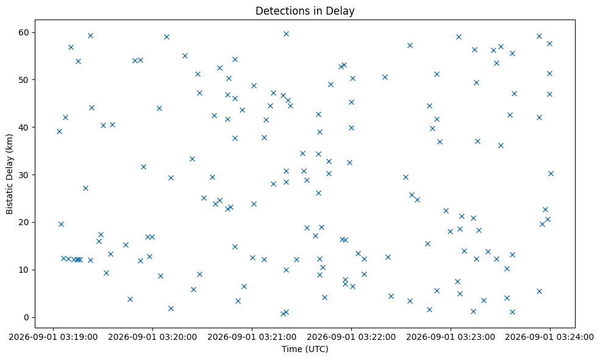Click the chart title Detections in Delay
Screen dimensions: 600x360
pyautogui.click(x=305, y=11)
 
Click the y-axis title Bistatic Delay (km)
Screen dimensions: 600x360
pyautogui.click(x=9, y=174)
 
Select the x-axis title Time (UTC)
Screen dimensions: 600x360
pyautogui.click(x=305, y=349)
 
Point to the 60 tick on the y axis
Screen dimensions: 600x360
pyautogui.click(x=24, y=32)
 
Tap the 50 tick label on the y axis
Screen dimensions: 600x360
pyautogui.click(x=24, y=80)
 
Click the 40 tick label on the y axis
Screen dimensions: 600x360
pyautogui.click(x=24, y=128)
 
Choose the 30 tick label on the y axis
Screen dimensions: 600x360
pyautogui.click(x=24, y=175)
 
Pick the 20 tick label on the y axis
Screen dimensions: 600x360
pyautogui.click(x=24, y=223)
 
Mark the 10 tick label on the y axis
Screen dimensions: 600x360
pyautogui.click(x=24, y=270)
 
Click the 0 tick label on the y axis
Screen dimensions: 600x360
pyautogui.click(x=27, y=317)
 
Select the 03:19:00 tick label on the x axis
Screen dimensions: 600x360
pyautogui.click(x=53, y=337)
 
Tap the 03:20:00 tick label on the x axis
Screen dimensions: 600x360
pyautogui.click(x=152, y=337)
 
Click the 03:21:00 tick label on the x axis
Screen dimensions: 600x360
pyautogui.click(x=252, y=337)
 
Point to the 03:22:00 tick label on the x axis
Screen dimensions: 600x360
pyautogui.click(x=351, y=337)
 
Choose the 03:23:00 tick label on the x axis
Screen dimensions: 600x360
pyautogui.click(x=451, y=337)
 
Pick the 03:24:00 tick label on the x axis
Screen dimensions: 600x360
pyautogui.click(x=550, y=337)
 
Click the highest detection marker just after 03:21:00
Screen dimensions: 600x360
pyautogui.click(x=286, y=34)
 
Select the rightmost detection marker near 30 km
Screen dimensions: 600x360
pyautogui.click(x=551, y=173)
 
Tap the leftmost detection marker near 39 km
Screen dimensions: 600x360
pyautogui.click(x=59, y=131)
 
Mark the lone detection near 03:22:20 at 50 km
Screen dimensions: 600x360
pyautogui.click(x=385, y=77)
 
